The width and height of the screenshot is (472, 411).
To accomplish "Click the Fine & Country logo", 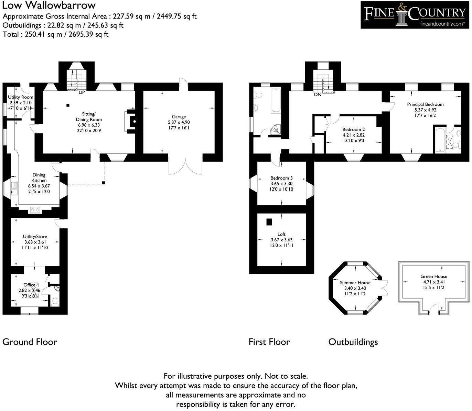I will (x=415, y=15).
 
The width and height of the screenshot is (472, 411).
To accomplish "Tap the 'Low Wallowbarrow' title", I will (x=49, y=5).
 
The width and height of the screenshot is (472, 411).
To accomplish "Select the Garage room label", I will (x=179, y=117).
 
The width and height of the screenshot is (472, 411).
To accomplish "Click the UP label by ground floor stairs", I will (x=82, y=92).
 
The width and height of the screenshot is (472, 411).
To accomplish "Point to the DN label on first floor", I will (x=318, y=94).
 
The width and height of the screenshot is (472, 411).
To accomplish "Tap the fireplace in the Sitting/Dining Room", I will (x=131, y=121).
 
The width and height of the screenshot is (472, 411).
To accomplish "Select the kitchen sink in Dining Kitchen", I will (x=15, y=188).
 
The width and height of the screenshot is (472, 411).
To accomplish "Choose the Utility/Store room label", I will (x=35, y=237).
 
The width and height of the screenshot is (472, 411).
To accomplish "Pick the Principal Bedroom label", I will (x=425, y=104).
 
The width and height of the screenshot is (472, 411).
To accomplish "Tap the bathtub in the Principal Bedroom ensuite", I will (x=439, y=140).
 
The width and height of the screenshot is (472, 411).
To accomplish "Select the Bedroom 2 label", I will (x=353, y=129).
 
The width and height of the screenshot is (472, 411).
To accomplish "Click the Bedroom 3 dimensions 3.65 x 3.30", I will (x=281, y=184).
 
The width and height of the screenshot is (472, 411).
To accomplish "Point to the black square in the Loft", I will (x=269, y=222).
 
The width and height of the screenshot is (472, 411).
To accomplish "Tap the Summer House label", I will (x=355, y=283).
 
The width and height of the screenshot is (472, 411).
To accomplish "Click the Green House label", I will (x=433, y=276).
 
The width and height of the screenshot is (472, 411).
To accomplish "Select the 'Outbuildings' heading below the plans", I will (x=353, y=342).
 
